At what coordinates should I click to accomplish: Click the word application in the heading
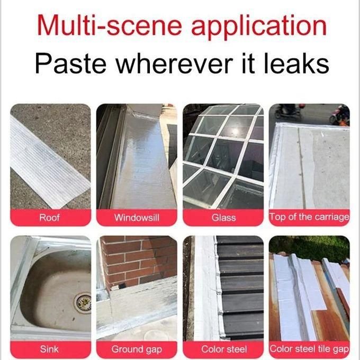pyautogui.click(x=259, y=27)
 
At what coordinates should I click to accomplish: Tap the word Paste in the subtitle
pyautogui.click(x=71, y=62)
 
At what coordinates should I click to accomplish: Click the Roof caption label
pyautogui.click(x=49, y=218)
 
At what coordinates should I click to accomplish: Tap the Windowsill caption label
pyautogui.click(x=137, y=218)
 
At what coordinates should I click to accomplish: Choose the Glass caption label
pyautogui.click(x=223, y=218)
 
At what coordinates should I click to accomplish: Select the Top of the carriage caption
pyautogui.click(x=309, y=217)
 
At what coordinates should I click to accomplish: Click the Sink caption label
pyautogui.click(x=49, y=349)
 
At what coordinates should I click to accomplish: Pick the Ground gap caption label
pyautogui.click(x=137, y=349)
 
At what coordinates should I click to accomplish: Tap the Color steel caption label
pyautogui.click(x=224, y=349)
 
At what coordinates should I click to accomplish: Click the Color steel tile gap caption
pyautogui.click(x=309, y=349)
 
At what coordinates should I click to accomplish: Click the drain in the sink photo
pyautogui.click(x=83, y=303)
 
